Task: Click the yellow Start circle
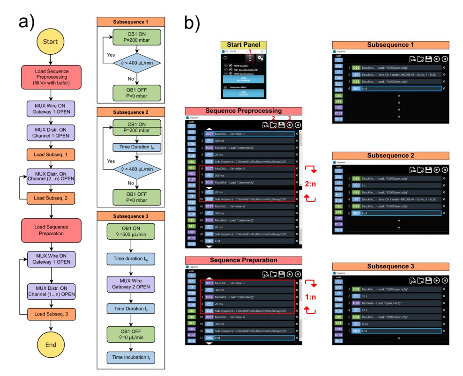[50, 42]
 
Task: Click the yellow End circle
[50, 345]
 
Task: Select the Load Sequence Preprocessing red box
[50, 75]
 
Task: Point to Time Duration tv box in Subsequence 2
[130, 147]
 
